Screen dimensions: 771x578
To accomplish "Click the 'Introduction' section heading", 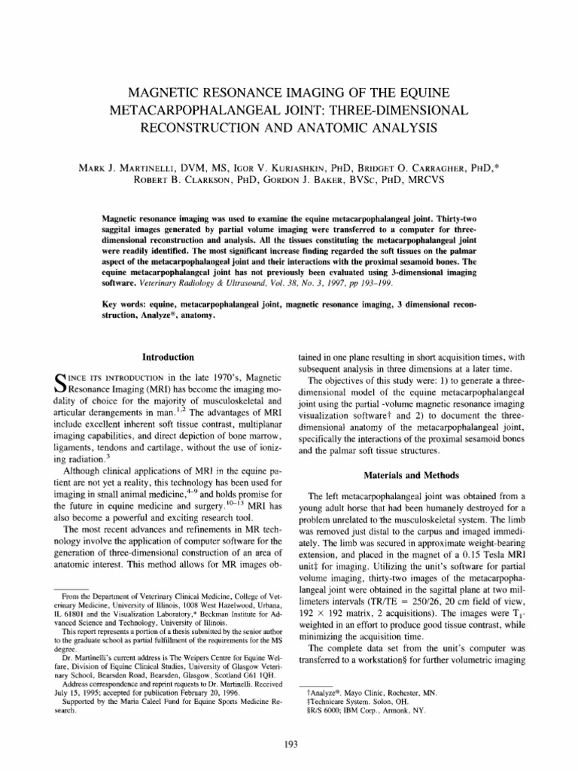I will pyautogui.click(x=169, y=356).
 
